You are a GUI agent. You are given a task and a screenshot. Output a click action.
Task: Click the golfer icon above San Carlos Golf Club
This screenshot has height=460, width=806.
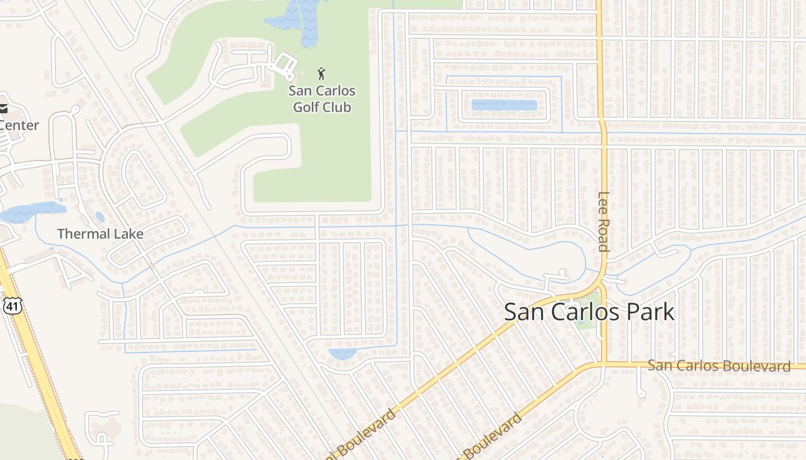[321, 74]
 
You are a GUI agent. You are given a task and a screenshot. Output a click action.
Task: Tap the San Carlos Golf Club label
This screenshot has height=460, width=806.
[322, 99]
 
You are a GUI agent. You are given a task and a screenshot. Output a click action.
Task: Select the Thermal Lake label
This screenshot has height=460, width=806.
[100, 234]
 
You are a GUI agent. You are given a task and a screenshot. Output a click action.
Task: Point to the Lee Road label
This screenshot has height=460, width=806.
[603, 221]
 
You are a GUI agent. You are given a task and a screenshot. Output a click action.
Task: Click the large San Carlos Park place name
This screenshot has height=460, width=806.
[589, 312]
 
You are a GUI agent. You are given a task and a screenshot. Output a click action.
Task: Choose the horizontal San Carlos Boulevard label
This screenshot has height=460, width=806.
[719, 366]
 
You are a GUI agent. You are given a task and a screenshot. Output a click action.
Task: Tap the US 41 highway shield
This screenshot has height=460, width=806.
[13, 305]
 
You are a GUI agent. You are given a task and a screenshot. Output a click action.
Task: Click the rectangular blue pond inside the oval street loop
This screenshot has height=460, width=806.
[504, 106]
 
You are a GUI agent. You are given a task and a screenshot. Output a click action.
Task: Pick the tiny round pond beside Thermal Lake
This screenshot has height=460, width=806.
[100, 217]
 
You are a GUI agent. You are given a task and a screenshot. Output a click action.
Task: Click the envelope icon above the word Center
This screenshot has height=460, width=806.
[3, 109]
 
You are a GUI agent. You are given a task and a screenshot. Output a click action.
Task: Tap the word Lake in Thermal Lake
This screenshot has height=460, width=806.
[128, 234]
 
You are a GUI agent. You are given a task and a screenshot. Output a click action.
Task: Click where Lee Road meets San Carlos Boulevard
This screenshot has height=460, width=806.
[602, 365]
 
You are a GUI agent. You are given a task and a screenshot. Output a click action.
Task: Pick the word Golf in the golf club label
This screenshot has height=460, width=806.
[306, 107]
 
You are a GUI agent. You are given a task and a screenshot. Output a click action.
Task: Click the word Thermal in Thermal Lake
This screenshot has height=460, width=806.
[84, 234]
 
